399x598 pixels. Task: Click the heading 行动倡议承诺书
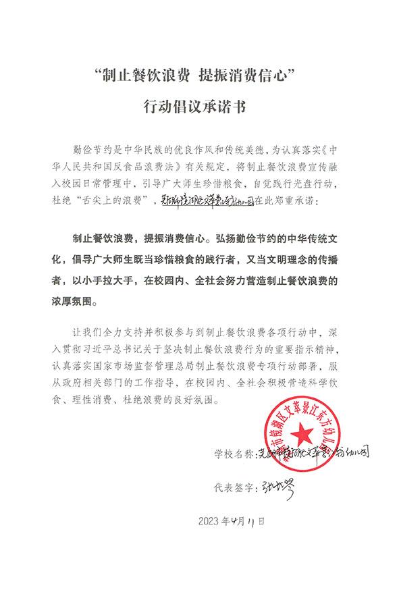click(x=199, y=105)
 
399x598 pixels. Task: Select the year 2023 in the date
click(x=211, y=520)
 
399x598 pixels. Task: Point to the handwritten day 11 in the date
click(x=252, y=520)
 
